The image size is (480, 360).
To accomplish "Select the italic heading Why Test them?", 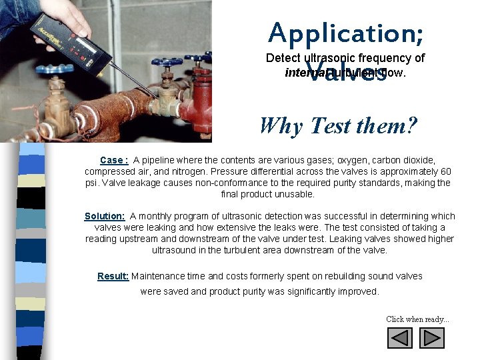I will tap(338, 125).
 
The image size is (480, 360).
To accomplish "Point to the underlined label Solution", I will tap(105, 216).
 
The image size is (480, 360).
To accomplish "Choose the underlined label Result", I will tap(113, 276).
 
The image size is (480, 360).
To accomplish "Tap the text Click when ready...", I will tap(417, 319).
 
